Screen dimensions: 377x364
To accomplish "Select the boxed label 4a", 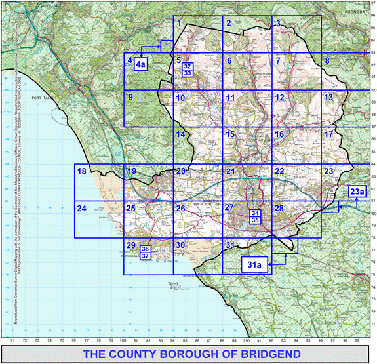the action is pos(141,64).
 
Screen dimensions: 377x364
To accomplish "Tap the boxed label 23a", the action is pos(357,192).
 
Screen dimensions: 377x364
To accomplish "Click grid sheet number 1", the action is pos(178,24).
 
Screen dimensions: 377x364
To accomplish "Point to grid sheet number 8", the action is pos(327,61).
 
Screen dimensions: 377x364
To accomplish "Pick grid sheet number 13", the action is pos(328,98).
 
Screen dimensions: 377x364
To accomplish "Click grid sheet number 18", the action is pos(81,172).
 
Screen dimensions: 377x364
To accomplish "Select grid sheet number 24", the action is pos(81,209).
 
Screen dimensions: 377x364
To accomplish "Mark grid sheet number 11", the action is pos(230,98).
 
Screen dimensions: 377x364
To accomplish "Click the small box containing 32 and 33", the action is pos(188,70).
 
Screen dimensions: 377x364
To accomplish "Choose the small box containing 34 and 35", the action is pos(256,217).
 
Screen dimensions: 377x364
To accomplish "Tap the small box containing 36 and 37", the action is pos(146,252).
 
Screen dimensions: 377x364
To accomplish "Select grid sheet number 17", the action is pos(328,134).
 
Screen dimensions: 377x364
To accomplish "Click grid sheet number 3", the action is pos(278,24).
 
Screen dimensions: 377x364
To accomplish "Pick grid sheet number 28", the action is pos(279,209).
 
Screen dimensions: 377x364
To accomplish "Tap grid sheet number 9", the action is pos(131,98).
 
